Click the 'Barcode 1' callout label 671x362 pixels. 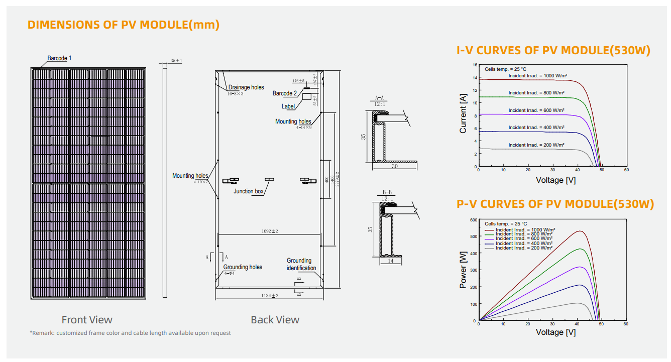pos(59,58)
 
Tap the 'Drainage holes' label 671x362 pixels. pos(246,87)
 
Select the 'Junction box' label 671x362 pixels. pos(248,191)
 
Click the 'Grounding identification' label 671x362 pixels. pos(301,264)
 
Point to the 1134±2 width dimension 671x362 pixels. pos(269,296)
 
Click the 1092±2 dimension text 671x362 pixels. pos(270,231)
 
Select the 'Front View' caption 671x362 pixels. pos(87,320)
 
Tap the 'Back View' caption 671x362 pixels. pos(275,320)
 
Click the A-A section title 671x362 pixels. pos(380,98)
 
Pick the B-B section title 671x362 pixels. pos(387,192)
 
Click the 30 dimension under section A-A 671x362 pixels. pos(395,166)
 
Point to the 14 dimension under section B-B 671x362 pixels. pos(390,261)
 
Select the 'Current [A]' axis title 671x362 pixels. pos(463,115)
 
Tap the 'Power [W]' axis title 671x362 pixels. pos(463,270)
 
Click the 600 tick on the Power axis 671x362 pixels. pos(473,220)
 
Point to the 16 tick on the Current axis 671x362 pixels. pos(474,65)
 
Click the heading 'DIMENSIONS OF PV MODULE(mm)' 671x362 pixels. pos(124,25)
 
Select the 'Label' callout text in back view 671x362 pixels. pos(288,106)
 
